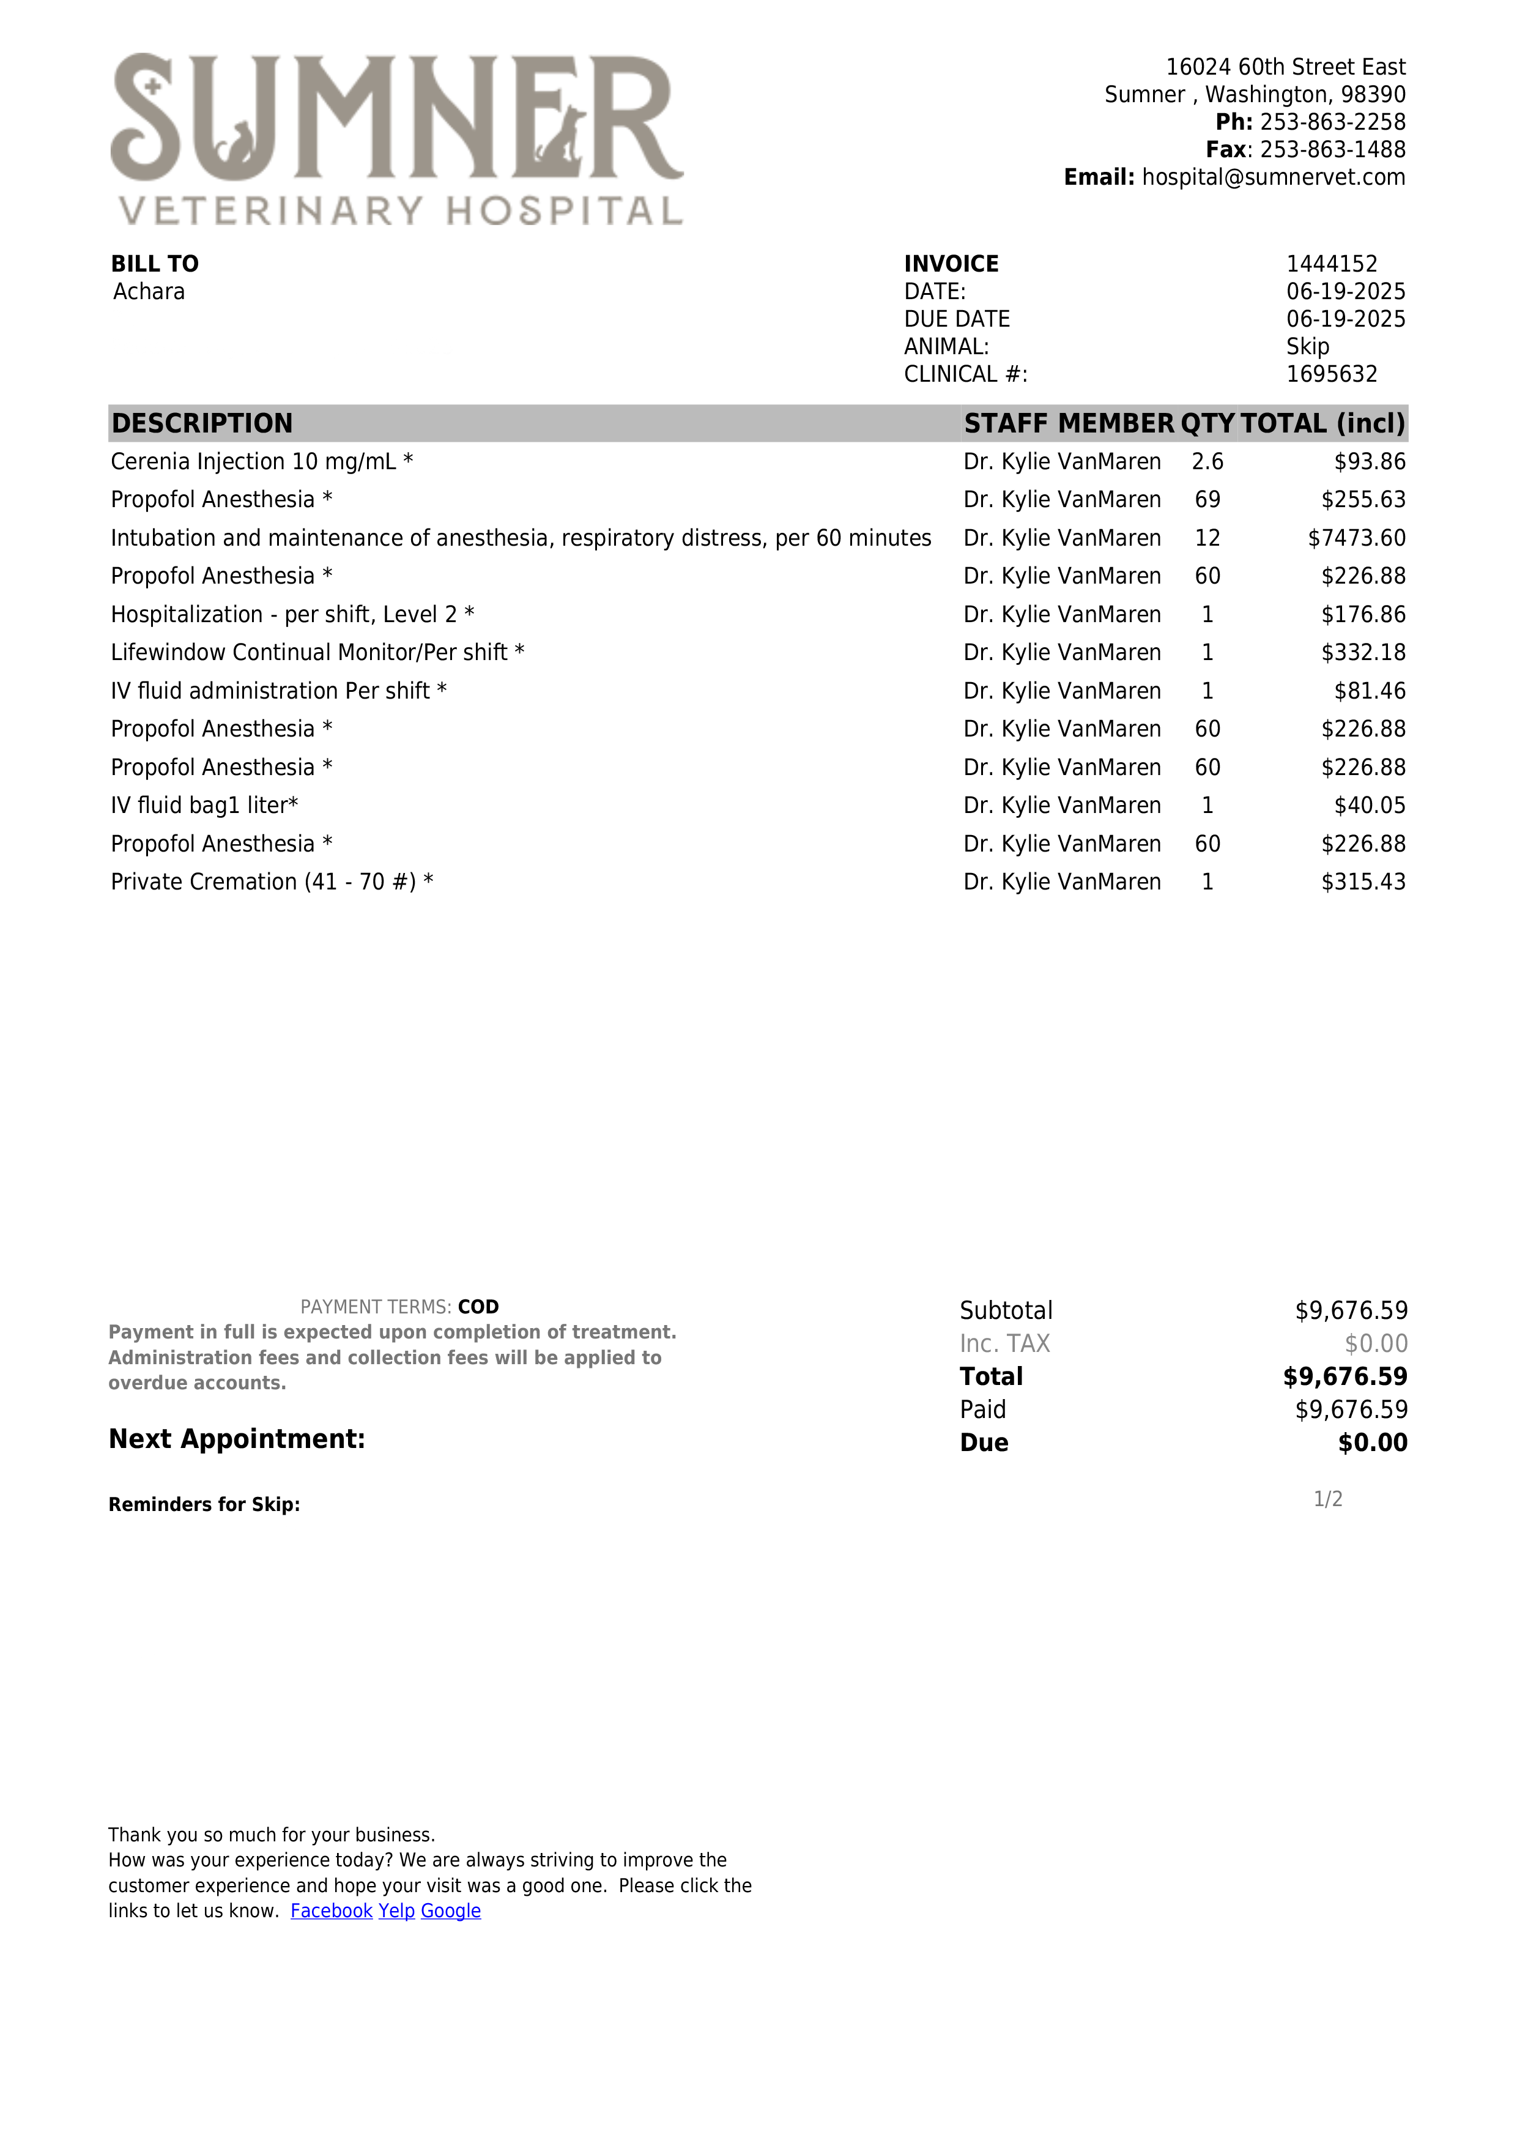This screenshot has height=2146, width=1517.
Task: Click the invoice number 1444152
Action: (x=1331, y=264)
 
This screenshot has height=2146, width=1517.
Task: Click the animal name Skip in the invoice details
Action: (x=1307, y=347)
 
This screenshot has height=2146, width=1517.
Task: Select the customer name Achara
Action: (x=149, y=292)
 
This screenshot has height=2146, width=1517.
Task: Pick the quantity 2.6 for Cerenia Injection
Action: (x=1207, y=462)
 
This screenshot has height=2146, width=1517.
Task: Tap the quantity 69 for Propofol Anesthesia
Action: (x=1207, y=500)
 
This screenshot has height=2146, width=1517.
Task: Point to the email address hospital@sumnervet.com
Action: (x=1273, y=177)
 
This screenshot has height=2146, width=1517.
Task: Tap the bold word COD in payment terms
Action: (x=478, y=1307)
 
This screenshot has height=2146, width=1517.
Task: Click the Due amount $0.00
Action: (x=1372, y=1443)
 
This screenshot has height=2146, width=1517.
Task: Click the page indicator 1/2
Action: (x=1327, y=1499)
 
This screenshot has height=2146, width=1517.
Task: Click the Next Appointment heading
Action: (x=237, y=1439)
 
